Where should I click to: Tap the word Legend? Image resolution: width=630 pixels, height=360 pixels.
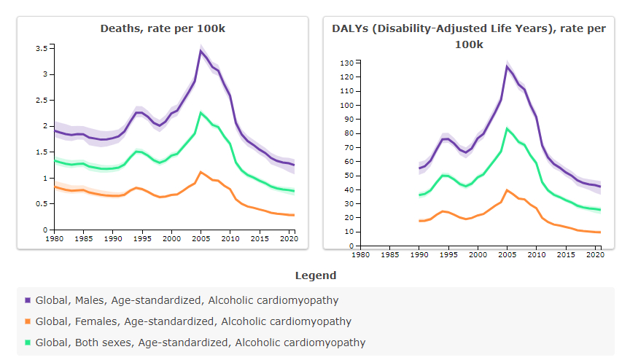tap(316, 275)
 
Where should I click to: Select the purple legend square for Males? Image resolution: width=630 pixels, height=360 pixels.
tap(28, 300)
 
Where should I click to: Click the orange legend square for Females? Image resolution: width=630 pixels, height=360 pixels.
tap(28, 321)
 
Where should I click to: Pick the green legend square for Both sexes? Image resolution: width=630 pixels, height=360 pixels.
tap(28, 343)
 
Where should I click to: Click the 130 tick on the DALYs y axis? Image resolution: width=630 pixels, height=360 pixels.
tap(346, 63)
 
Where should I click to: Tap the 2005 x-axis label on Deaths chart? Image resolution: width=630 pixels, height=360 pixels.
tap(201, 238)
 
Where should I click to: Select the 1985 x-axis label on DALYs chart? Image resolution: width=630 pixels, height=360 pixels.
tap(389, 254)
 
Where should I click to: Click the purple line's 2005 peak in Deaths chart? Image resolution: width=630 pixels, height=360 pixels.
tap(201, 50)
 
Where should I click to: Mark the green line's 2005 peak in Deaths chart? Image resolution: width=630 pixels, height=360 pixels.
tap(201, 112)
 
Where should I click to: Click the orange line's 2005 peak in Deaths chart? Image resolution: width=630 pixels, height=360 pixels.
tap(201, 172)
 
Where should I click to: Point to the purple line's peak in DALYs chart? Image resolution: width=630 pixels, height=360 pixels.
tap(507, 66)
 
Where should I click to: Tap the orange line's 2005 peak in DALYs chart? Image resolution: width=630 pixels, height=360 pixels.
tap(507, 190)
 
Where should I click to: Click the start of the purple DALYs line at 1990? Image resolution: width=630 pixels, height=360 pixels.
tap(419, 168)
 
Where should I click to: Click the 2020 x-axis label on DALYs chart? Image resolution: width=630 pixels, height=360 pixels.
tap(595, 254)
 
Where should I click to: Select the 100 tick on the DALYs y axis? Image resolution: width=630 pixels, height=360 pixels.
tap(346, 106)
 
